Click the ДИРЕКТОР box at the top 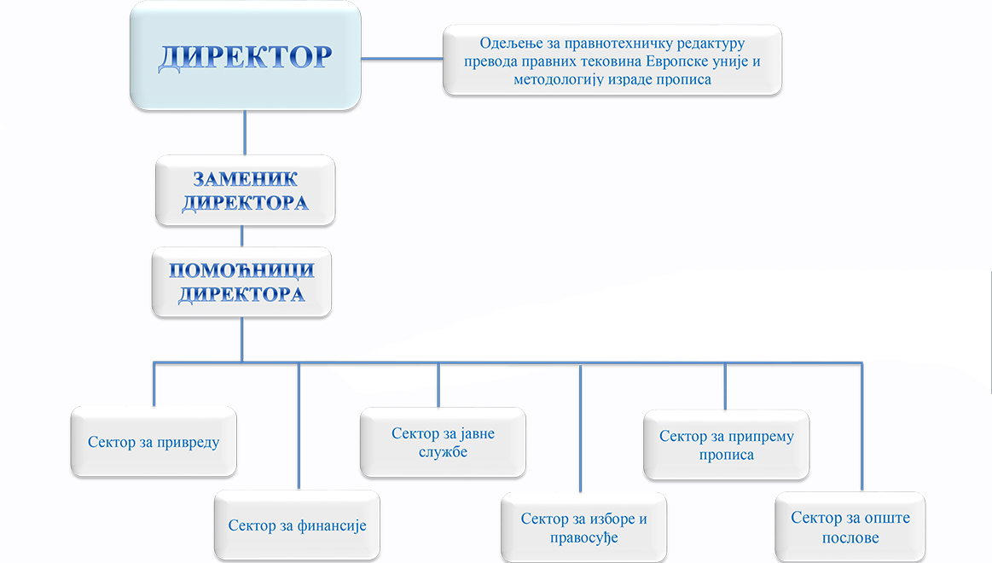(x=245, y=55)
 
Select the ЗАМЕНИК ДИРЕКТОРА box (x=245, y=190)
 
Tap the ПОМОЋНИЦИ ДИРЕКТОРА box (x=241, y=282)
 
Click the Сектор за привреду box (x=154, y=442)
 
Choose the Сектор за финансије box (x=297, y=525)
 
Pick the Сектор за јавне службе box (x=443, y=443)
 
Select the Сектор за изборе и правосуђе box (x=584, y=527)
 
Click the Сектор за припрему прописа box (x=726, y=444)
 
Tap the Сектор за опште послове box (x=850, y=527)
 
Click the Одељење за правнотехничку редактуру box (x=612, y=61)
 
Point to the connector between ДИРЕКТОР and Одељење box (x=402, y=58)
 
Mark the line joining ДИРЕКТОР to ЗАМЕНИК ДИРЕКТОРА (x=245, y=132)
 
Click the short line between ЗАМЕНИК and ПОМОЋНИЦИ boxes (x=242, y=236)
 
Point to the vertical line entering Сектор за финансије (x=299, y=427)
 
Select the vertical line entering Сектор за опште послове (x=862, y=427)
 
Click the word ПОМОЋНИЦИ (x=241, y=271)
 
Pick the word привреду (x=189, y=442)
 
